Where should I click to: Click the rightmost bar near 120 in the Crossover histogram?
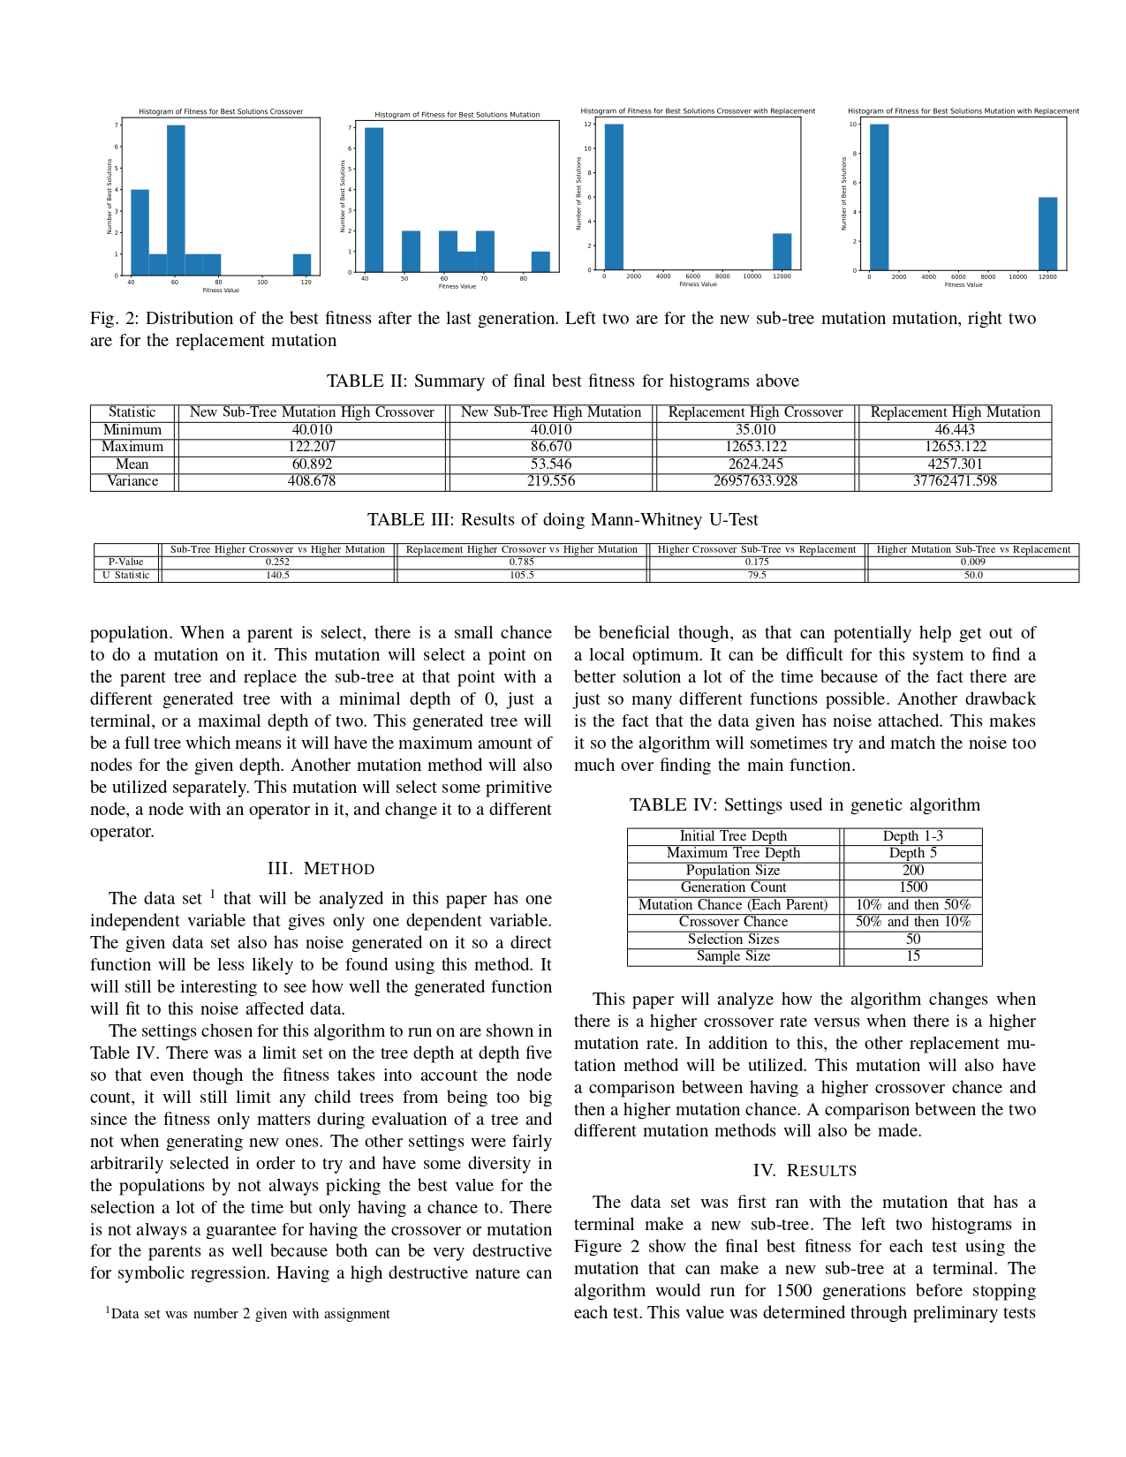click(x=302, y=265)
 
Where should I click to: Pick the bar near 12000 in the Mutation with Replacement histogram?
click(x=1047, y=234)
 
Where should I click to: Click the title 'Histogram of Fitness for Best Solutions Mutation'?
click(x=457, y=115)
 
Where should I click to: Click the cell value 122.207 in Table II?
click(x=312, y=447)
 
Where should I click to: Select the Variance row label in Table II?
click(x=132, y=481)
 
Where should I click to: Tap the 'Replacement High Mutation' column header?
click(x=955, y=412)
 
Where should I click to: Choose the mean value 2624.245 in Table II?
click(x=756, y=464)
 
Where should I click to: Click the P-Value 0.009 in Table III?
click(x=972, y=562)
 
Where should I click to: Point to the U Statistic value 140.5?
click(x=277, y=575)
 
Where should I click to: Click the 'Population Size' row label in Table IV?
click(x=733, y=871)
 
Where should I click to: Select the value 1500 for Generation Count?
click(x=913, y=887)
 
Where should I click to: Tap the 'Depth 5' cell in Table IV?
click(x=913, y=853)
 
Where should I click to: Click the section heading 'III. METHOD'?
click(x=321, y=869)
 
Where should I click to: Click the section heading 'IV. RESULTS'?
click(x=805, y=1171)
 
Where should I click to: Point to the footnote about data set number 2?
click(x=249, y=1314)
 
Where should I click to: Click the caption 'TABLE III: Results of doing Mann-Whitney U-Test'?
click(x=563, y=520)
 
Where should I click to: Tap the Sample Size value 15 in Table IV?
click(x=913, y=956)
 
